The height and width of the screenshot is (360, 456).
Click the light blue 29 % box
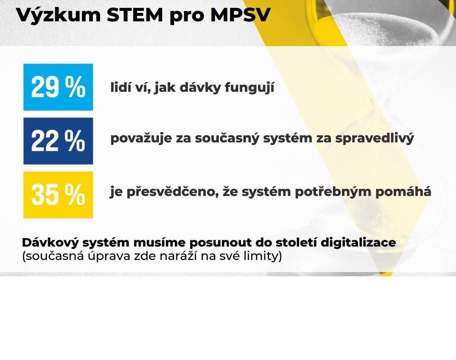58,87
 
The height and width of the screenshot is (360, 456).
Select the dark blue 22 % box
58,141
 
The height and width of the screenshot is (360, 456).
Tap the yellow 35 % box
58,195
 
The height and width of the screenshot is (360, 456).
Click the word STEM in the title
135,15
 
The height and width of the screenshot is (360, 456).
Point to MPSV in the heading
241,15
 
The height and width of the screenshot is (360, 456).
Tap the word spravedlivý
374,138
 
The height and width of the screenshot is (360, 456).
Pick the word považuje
141,138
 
